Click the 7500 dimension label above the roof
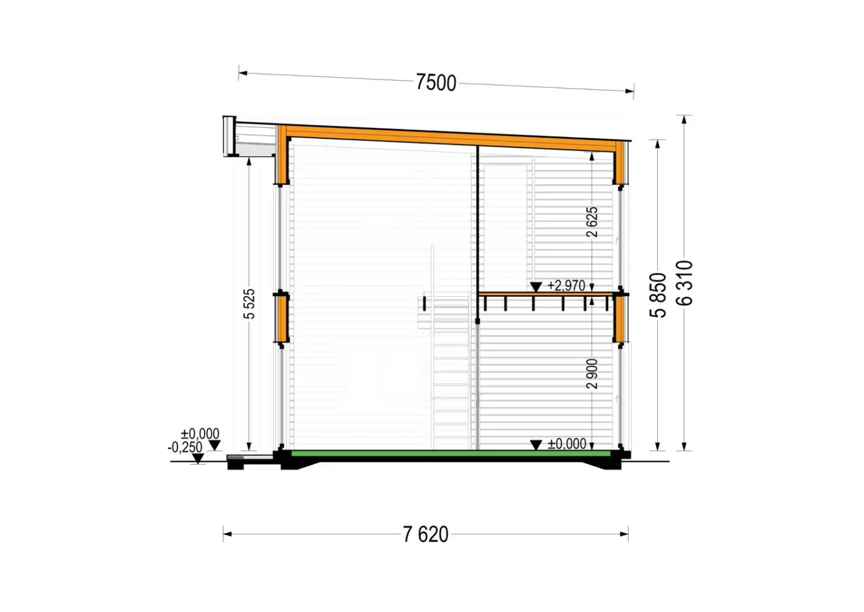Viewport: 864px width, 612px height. pyautogui.click(x=436, y=83)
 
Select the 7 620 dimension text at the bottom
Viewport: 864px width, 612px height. pyautogui.click(x=425, y=534)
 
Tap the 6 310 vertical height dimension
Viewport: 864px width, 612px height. pyautogui.click(x=685, y=283)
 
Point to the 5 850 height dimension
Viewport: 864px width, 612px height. pyautogui.click(x=658, y=295)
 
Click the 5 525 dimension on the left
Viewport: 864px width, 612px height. pyautogui.click(x=249, y=304)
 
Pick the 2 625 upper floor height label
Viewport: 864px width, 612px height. pyautogui.click(x=592, y=222)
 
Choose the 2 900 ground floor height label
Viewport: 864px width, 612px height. pyautogui.click(x=592, y=373)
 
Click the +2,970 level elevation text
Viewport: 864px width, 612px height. pyautogui.click(x=566, y=286)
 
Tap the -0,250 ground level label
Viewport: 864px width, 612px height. pyautogui.click(x=185, y=447)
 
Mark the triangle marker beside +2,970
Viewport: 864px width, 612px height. pyautogui.click(x=536, y=286)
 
